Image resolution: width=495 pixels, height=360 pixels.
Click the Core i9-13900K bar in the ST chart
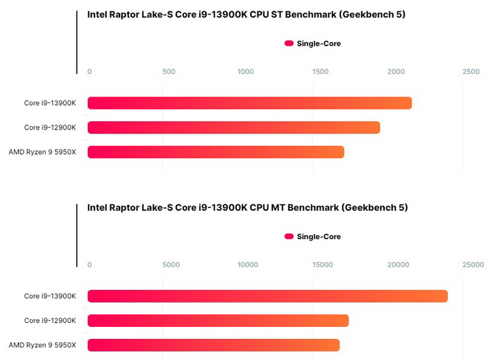tap(249, 103)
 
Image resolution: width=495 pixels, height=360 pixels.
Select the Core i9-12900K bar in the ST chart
tap(234, 127)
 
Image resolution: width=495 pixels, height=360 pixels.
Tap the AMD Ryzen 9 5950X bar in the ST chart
tap(216, 152)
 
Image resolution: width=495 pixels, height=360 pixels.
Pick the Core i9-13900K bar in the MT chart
tap(267, 296)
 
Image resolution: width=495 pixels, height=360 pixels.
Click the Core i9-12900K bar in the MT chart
tap(218, 320)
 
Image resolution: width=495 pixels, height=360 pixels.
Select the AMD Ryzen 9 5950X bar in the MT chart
tap(213, 345)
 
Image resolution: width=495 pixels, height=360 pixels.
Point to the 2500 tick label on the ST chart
tap(471, 71)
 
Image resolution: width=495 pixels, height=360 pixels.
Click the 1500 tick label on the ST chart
tap(321, 71)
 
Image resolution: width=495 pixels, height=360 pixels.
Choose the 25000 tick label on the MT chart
tap(473, 265)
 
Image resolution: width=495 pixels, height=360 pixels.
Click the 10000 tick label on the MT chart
tap(247, 265)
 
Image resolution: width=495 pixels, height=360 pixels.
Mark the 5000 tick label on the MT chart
tap(171, 265)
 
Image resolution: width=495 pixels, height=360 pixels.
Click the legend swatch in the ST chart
tap(289, 44)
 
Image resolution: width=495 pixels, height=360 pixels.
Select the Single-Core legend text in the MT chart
tap(319, 236)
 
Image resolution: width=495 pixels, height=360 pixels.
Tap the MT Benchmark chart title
tap(247, 207)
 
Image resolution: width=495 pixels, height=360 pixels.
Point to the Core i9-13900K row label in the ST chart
tap(50, 103)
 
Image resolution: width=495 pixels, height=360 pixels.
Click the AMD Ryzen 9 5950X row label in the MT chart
tap(42, 345)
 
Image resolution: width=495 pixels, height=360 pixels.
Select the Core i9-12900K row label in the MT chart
tap(50, 320)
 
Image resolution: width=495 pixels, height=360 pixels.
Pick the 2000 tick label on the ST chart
tap(396, 71)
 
